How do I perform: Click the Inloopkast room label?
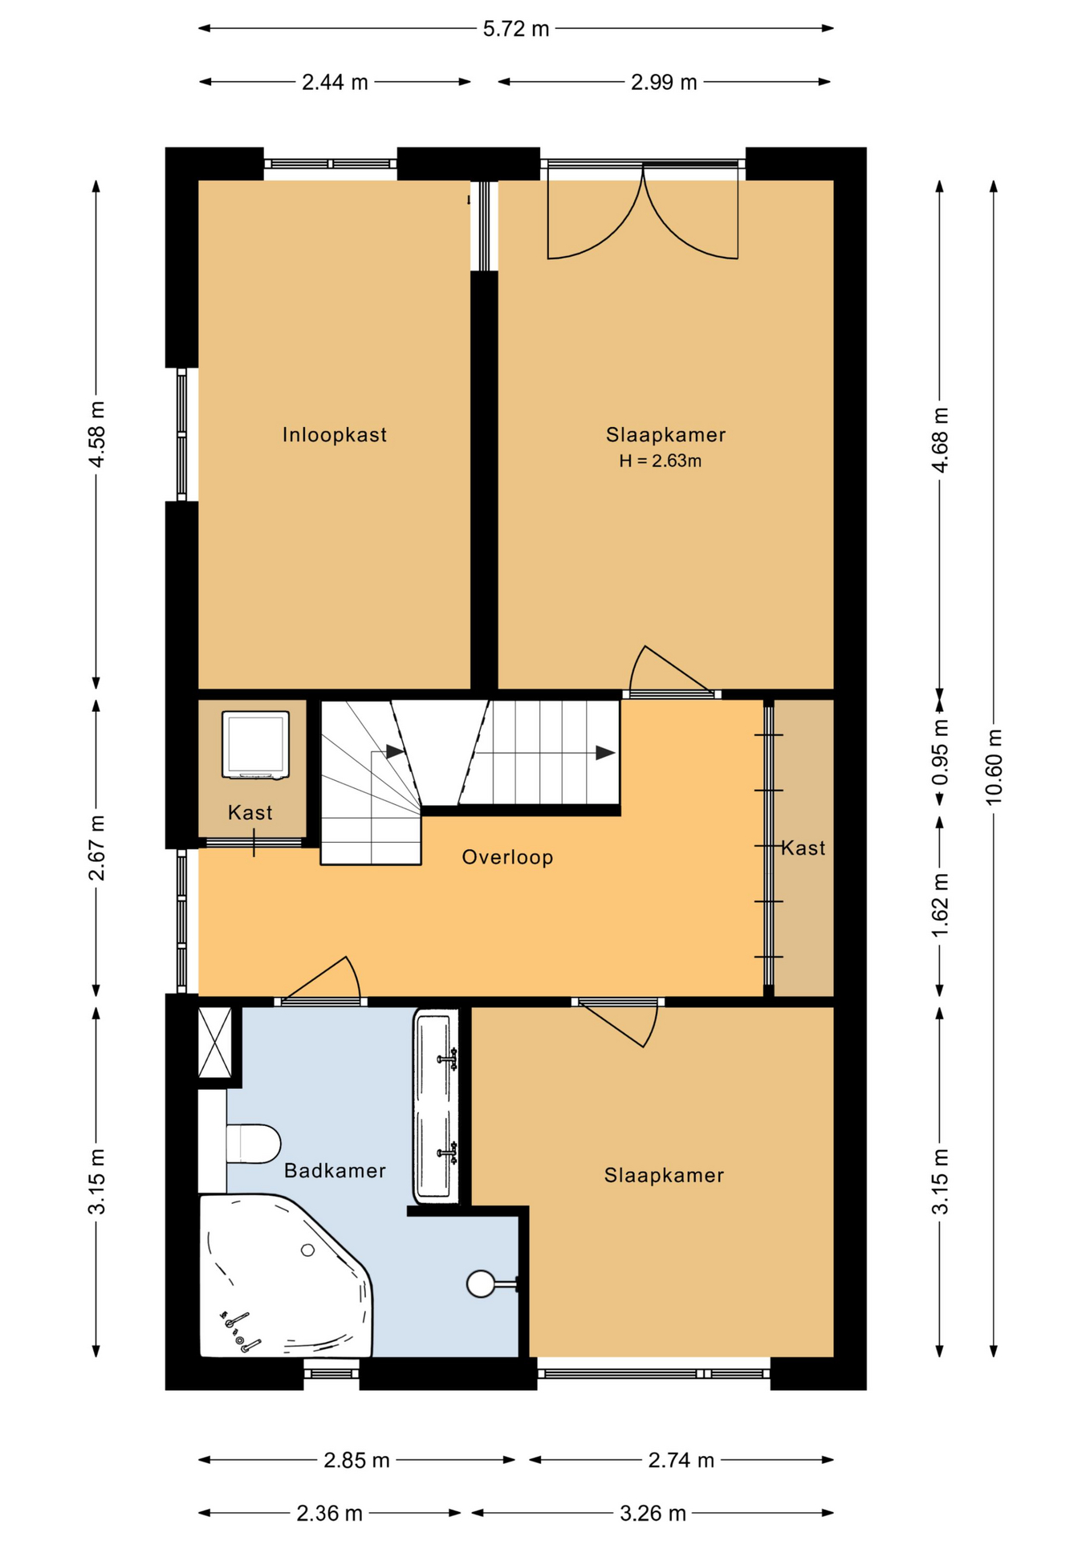click(x=334, y=435)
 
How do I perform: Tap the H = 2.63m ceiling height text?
click(x=660, y=461)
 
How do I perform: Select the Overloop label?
click(x=507, y=857)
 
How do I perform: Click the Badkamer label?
click(x=335, y=1171)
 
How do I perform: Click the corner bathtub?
click(x=285, y=1276)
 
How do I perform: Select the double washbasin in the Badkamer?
click(x=436, y=1107)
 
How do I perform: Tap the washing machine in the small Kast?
click(x=255, y=745)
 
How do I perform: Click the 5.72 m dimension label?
click(x=515, y=29)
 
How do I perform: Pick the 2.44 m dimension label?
click(x=335, y=82)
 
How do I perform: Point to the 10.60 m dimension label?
click(x=994, y=766)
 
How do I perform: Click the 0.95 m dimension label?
click(x=940, y=753)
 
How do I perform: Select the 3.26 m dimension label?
click(x=653, y=1514)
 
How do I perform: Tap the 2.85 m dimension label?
click(x=356, y=1461)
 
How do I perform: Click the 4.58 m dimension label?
click(x=96, y=434)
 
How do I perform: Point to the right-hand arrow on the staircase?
click(x=606, y=753)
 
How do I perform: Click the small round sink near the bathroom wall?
click(x=482, y=1284)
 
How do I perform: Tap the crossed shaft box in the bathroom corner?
click(x=215, y=1042)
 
